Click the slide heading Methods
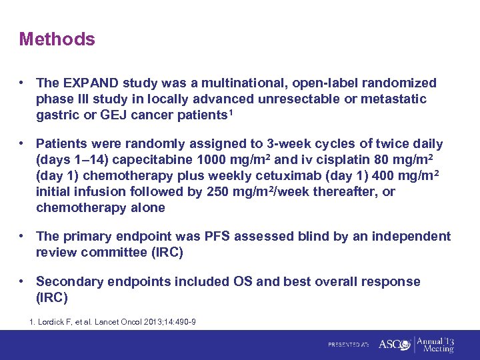(x=57, y=39)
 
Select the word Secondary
(x=66, y=281)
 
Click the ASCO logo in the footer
(x=393, y=345)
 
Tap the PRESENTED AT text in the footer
(x=348, y=345)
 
